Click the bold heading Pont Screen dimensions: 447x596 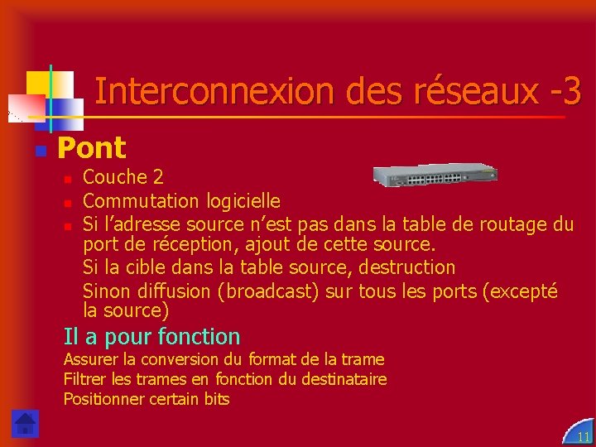[91, 149]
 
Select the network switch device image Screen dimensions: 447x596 [435, 175]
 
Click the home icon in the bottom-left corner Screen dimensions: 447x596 [25, 423]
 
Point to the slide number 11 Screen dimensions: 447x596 [584, 436]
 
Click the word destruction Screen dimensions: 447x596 [406, 267]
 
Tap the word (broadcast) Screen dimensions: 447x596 [269, 291]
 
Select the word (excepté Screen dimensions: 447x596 [520, 291]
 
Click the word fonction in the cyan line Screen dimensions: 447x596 [198, 337]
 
